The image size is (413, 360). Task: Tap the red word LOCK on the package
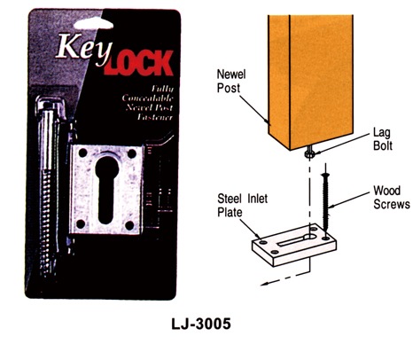coord(138,63)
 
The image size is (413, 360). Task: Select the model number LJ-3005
coord(201,324)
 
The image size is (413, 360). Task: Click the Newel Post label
coord(231,81)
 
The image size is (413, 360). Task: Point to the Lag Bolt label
coord(383,139)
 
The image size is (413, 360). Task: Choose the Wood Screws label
coord(391,198)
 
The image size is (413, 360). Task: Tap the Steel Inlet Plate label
coord(242,205)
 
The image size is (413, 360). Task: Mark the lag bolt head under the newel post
coord(309,153)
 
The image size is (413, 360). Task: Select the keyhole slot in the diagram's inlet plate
coord(297,239)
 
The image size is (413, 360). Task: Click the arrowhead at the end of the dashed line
coord(264,285)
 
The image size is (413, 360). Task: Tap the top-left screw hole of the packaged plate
coord(83,153)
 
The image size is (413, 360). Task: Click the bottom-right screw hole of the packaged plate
coord(129,225)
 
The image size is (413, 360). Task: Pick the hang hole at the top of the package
coord(93,24)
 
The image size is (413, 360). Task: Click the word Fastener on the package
coord(154,117)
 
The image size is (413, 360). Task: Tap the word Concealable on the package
coord(148,98)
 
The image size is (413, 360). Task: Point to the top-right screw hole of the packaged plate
coord(131,153)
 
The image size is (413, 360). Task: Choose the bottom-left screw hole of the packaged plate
coord(81,224)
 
